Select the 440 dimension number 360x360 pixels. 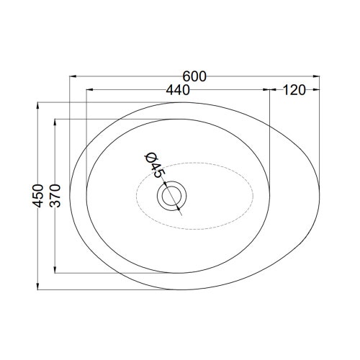pyautogui.click(x=177, y=90)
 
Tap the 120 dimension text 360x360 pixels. pyautogui.click(x=294, y=90)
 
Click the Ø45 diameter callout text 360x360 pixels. pyautogui.click(x=154, y=165)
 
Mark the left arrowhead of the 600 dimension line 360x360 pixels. pyautogui.click(x=72, y=74)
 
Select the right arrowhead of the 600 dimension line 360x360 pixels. pyautogui.click(x=320, y=74)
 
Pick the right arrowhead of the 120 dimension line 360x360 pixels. pyautogui.click(x=320, y=90)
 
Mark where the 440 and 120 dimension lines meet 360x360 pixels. pyautogui.click(x=269, y=90)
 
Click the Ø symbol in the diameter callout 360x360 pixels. pyautogui.click(x=150, y=158)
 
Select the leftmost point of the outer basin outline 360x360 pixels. pyautogui.click(x=71, y=193)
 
